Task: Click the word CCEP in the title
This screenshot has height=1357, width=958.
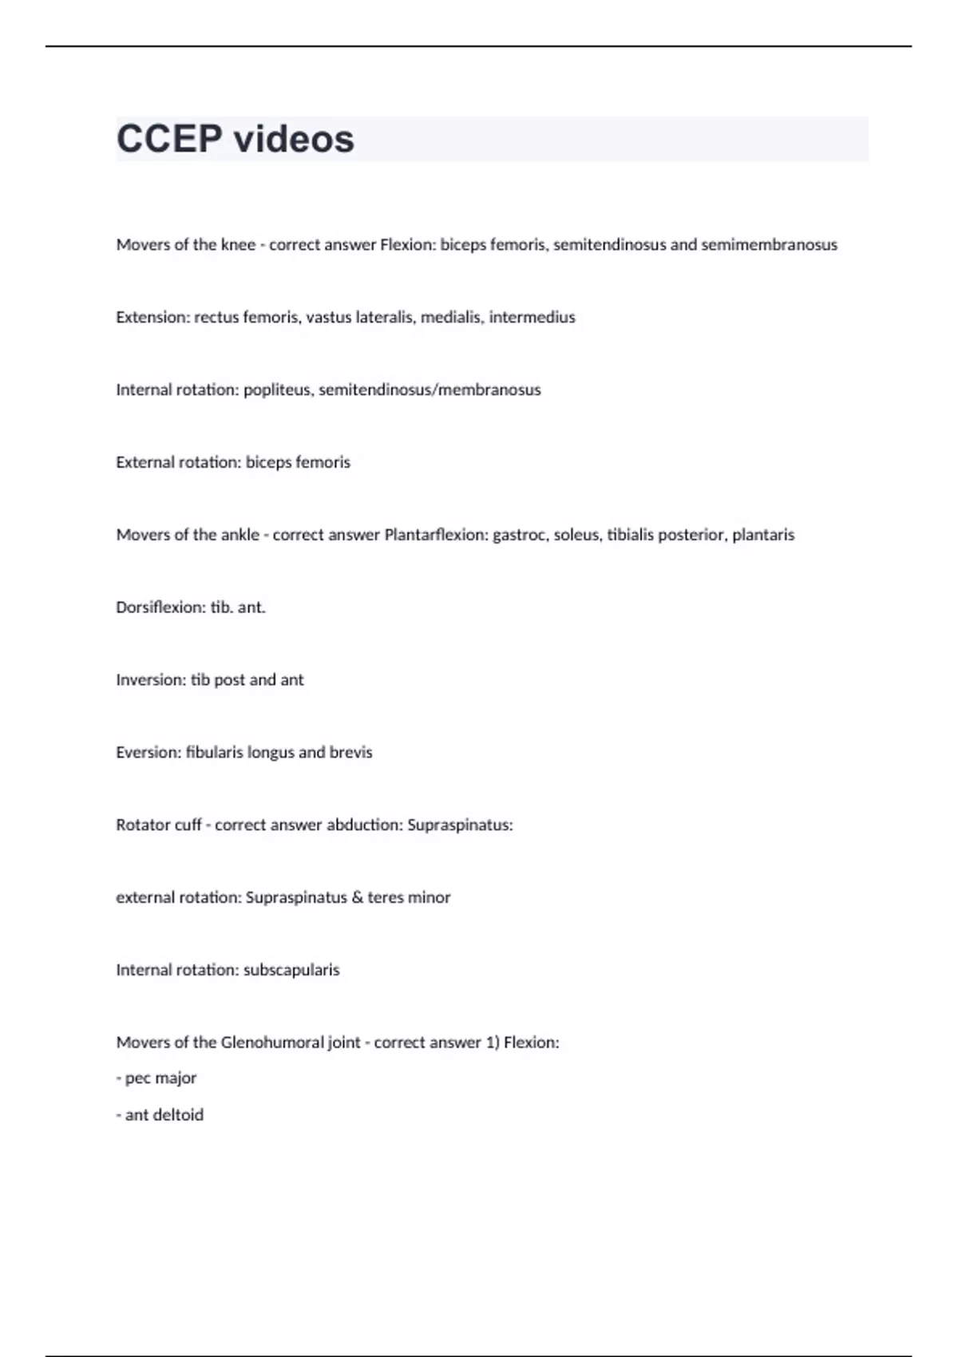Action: (x=169, y=139)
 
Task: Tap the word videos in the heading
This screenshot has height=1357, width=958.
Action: (x=294, y=139)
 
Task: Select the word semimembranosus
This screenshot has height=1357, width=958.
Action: (x=769, y=245)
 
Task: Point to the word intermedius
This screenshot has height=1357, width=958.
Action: (x=532, y=318)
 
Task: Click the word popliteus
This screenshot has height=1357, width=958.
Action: (x=277, y=390)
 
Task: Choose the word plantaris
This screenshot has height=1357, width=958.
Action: (x=763, y=535)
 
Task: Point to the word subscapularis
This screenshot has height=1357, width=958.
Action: (x=291, y=970)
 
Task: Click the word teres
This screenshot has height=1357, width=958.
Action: (x=386, y=897)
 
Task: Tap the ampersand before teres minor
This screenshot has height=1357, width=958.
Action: (x=357, y=897)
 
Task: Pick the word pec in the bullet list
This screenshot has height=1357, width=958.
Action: (x=137, y=1078)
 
